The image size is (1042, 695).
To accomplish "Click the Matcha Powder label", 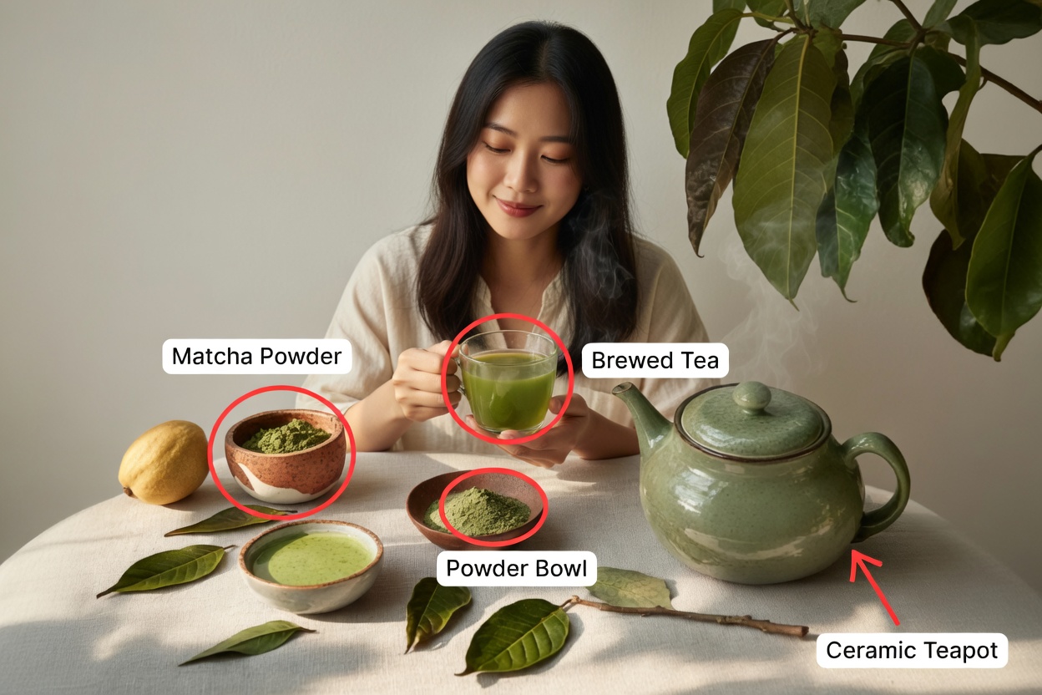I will (x=256, y=357).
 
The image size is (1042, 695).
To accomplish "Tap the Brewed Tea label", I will (x=655, y=361).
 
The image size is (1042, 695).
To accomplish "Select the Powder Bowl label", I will (x=516, y=569).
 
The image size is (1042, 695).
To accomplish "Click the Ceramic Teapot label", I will (x=912, y=650).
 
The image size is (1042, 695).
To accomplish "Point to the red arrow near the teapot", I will (x=873, y=585).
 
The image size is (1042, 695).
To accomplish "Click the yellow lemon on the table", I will (x=164, y=462).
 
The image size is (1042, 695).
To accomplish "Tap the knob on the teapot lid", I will (x=751, y=397).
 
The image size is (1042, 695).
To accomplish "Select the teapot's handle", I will (x=885, y=484).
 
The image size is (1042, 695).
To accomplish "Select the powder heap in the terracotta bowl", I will (x=286, y=436).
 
